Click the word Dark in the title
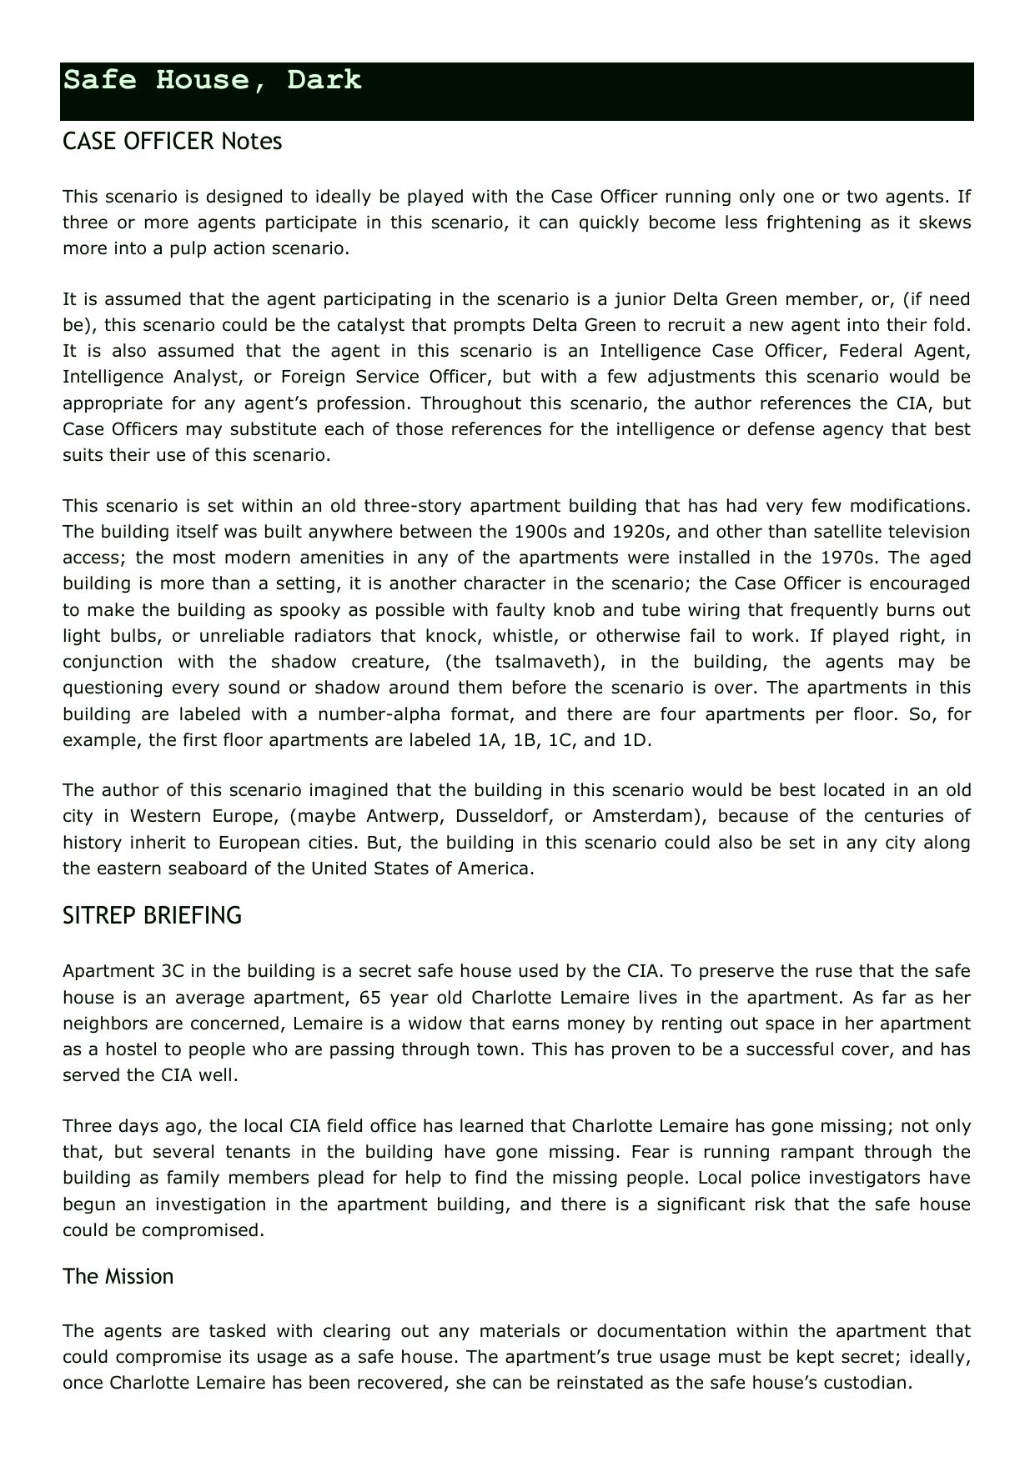(x=324, y=80)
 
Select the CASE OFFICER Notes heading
(x=172, y=142)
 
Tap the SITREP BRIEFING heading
(x=152, y=915)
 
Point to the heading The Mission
(x=118, y=1276)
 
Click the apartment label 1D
(x=635, y=740)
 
